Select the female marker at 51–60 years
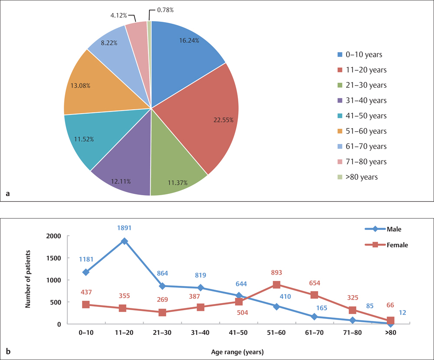coord(276,285)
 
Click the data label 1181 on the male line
coord(86,259)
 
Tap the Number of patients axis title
coord(28,279)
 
